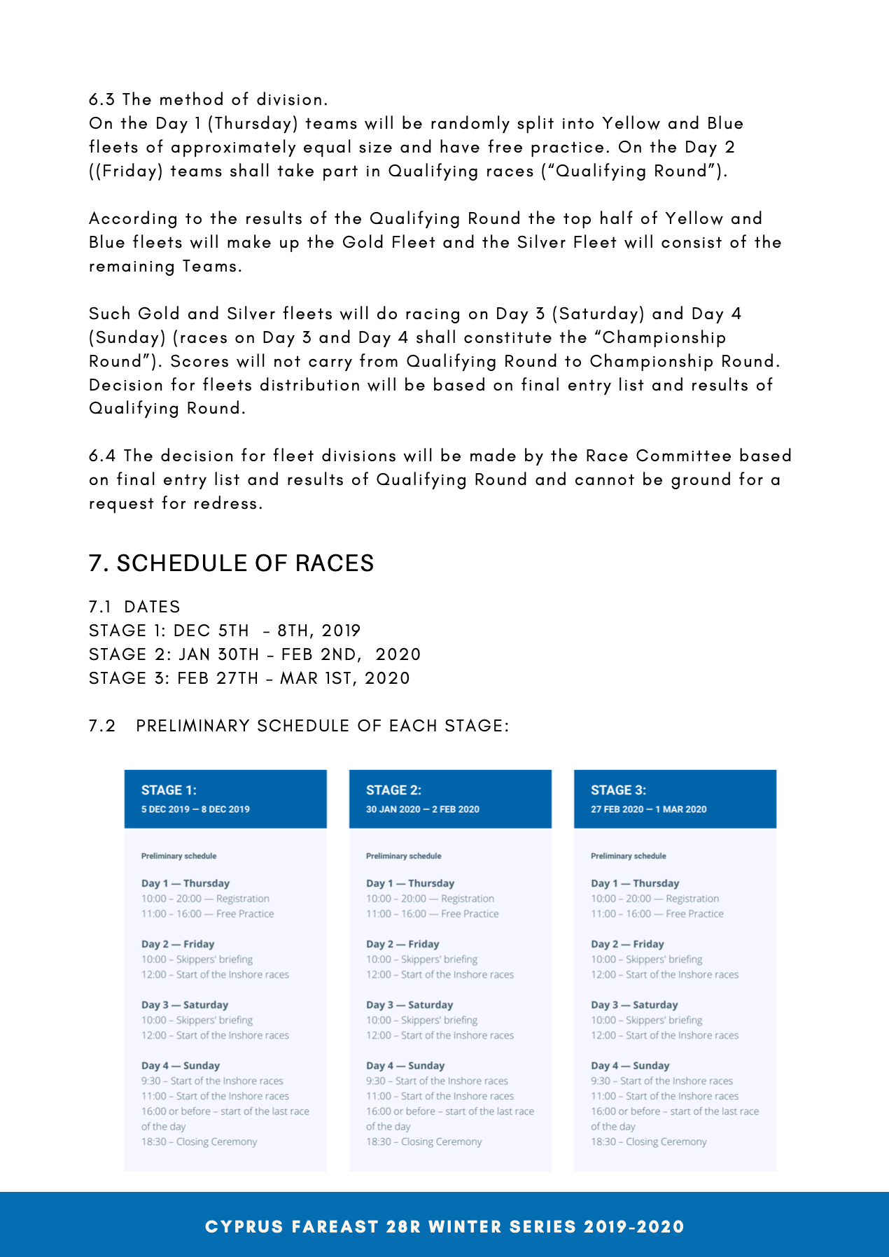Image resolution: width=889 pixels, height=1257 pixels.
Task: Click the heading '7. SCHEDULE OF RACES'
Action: click(x=231, y=563)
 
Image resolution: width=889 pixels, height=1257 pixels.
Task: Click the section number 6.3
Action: click(x=101, y=99)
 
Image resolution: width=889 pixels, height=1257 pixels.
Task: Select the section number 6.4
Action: click(x=102, y=456)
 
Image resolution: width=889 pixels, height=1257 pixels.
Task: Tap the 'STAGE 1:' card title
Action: click(x=169, y=790)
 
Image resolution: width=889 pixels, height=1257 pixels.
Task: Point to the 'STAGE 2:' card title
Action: click(x=393, y=790)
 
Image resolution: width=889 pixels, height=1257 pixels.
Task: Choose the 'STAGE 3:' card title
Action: click(x=618, y=790)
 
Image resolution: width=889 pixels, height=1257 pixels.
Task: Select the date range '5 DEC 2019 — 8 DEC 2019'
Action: click(x=195, y=809)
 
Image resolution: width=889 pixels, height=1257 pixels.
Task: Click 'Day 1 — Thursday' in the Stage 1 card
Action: click(x=185, y=883)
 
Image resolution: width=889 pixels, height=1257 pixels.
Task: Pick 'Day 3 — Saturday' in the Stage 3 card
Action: click(x=634, y=1004)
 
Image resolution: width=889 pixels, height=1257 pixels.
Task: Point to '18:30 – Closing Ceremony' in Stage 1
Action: click(x=199, y=1142)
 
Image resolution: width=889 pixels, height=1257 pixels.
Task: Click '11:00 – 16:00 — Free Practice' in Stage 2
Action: click(x=433, y=913)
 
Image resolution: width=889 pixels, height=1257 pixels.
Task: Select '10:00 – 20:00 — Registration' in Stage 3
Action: click(x=654, y=899)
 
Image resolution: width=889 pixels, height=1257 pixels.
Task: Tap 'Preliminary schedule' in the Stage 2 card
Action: click(x=403, y=856)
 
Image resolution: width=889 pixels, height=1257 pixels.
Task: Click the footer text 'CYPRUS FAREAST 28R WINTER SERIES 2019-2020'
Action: click(x=444, y=1226)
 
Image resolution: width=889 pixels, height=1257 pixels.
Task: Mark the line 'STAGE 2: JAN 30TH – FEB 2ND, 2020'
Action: click(x=255, y=654)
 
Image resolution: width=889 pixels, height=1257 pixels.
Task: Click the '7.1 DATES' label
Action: click(x=134, y=607)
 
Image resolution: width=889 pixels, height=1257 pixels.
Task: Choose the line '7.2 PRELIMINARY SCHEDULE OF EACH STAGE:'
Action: click(x=299, y=726)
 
